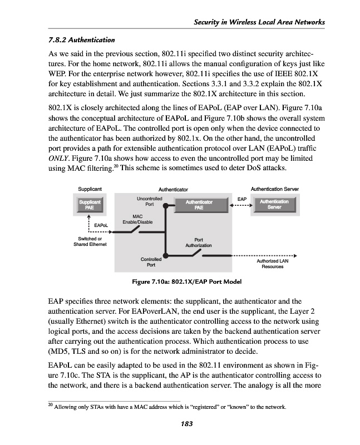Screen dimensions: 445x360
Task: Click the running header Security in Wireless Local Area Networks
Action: pyautogui.click(x=258, y=22)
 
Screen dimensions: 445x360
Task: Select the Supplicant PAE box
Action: pyautogui.click(x=90, y=205)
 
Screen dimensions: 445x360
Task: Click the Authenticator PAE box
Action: pyautogui.click(x=199, y=205)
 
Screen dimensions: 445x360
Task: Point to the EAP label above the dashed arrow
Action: pyautogui.click(x=241, y=198)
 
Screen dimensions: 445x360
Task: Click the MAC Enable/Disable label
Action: pyautogui.click(x=137, y=219)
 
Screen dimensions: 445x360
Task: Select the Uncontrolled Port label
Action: pyautogui.click(x=149, y=201)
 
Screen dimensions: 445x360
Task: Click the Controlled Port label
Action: pyautogui.click(x=151, y=262)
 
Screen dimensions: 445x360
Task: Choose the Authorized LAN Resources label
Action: pyautogui.click(x=273, y=264)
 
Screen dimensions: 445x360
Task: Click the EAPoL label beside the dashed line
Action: pyautogui.click(x=101, y=225)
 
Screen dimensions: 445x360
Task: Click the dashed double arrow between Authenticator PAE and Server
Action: pyautogui.click(x=241, y=205)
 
